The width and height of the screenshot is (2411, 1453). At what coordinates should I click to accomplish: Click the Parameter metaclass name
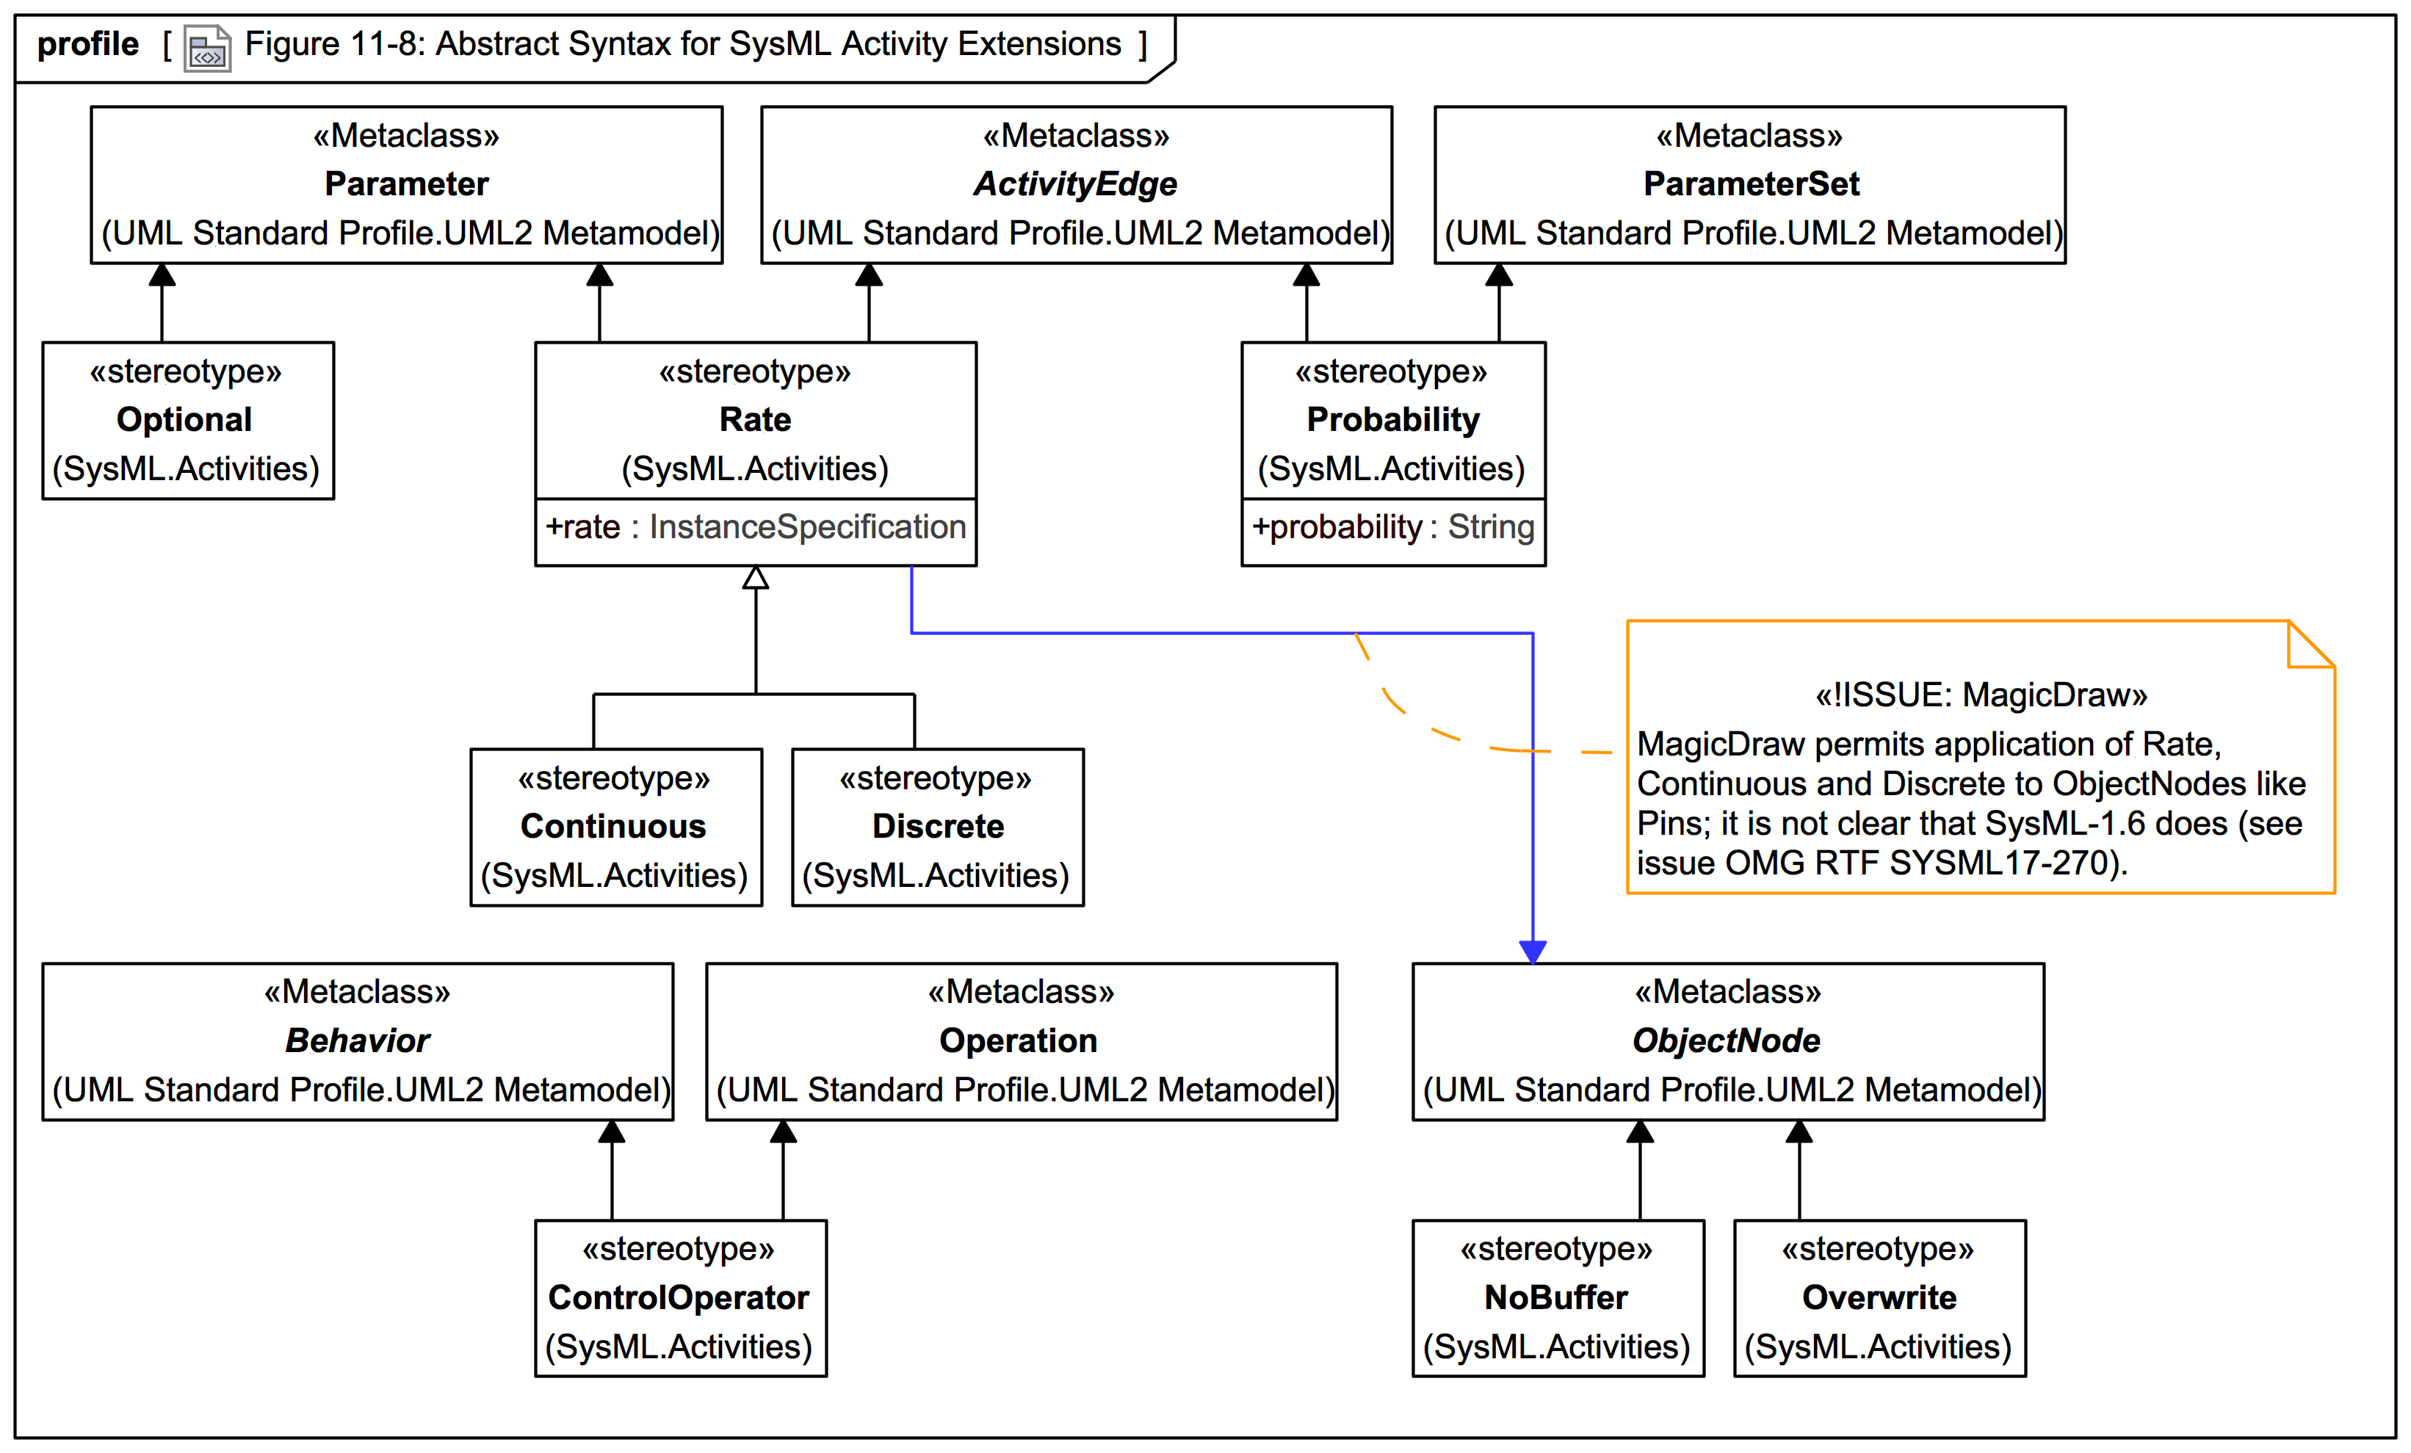point(406,184)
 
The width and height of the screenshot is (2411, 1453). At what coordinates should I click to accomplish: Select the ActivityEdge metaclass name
point(1075,184)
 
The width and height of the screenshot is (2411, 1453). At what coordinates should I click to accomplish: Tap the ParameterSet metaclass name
point(1751,184)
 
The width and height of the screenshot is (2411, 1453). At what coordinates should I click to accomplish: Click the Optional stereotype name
point(185,420)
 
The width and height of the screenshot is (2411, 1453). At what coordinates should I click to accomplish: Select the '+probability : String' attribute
point(1392,527)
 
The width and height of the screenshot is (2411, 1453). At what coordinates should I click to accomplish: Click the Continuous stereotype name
point(613,827)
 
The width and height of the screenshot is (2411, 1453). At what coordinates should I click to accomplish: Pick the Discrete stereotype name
point(937,827)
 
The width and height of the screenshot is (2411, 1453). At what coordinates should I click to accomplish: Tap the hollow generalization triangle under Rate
point(756,579)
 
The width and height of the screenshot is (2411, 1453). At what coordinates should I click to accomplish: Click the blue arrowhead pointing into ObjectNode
point(1533,951)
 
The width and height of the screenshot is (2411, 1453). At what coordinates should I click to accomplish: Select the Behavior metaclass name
point(357,1041)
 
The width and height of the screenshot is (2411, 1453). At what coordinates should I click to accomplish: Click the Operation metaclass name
point(1019,1041)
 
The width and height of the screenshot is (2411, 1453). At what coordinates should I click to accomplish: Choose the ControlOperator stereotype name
point(679,1298)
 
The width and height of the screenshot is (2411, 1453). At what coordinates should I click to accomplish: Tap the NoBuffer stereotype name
point(1555,1298)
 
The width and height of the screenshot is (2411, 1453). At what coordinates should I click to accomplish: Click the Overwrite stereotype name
point(1879,1298)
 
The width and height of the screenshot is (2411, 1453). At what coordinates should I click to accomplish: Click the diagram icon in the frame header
point(207,48)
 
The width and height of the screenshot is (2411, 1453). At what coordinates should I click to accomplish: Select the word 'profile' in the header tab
point(88,45)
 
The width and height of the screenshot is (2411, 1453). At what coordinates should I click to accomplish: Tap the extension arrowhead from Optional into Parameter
point(162,275)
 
